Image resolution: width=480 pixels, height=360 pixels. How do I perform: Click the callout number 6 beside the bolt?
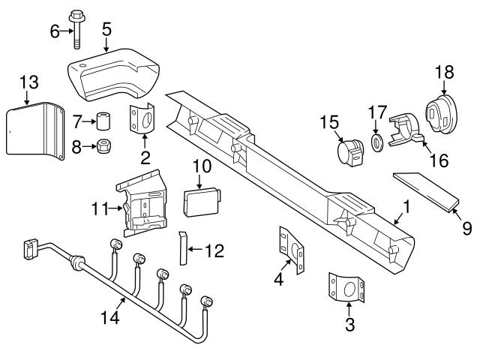54,31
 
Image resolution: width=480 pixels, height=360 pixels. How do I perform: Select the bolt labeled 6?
78,26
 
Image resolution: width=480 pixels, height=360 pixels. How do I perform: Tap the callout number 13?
27,82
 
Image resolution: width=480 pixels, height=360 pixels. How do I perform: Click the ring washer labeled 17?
376,141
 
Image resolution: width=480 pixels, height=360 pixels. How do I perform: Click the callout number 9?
466,228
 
